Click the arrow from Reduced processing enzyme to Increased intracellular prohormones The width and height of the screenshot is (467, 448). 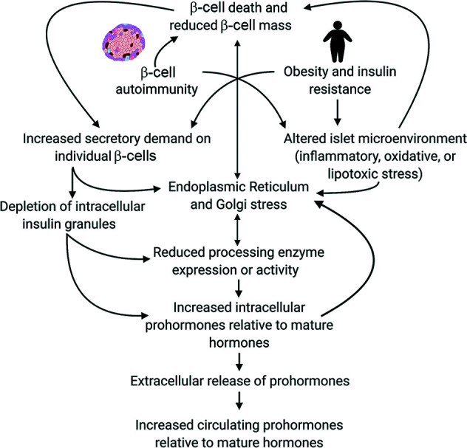pos(236,286)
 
